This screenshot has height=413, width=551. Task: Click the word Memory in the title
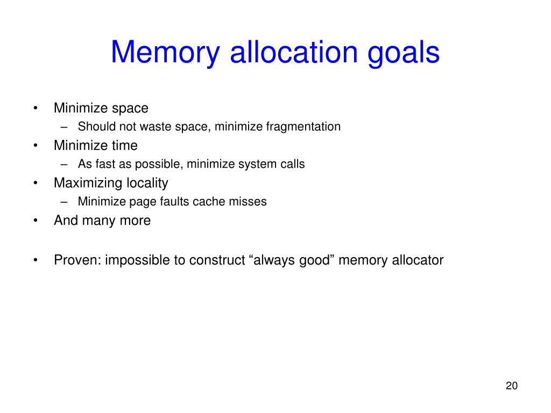(166, 53)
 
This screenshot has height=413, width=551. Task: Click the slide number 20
(511, 386)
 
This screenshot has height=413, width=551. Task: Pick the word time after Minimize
(125, 146)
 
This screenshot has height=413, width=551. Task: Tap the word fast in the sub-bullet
(104, 164)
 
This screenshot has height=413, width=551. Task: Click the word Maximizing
(88, 183)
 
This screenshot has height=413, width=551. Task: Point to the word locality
(147, 183)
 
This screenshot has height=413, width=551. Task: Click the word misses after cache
(250, 202)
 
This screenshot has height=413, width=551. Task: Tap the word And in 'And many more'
(66, 220)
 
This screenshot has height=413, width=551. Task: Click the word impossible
(137, 260)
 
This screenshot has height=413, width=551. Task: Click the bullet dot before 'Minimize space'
(35, 109)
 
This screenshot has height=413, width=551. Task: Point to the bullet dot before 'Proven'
(35, 261)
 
